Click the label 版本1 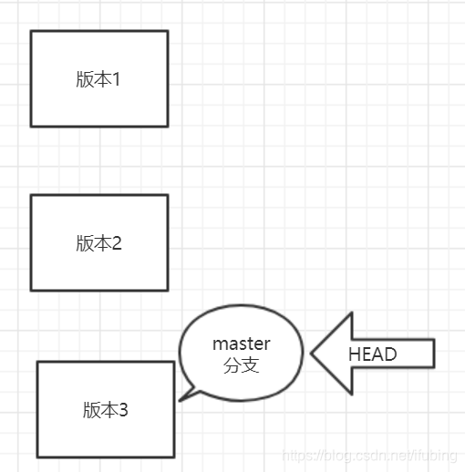(x=98, y=79)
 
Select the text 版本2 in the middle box (x=98, y=243)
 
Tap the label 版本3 (x=105, y=410)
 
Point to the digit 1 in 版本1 (x=117, y=79)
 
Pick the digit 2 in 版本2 (x=117, y=243)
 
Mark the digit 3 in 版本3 (x=123, y=410)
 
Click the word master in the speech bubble (x=242, y=344)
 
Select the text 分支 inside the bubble (x=241, y=365)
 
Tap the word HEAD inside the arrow (x=372, y=354)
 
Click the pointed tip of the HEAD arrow (x=313, y=354)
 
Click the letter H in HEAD (x=354, y=354)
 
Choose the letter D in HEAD (x=391, y=354)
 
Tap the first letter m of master (x=219, y=344)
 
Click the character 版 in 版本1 (x=85, y=79)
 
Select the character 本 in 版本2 (x=101, y=243)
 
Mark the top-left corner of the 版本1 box (x=31, y=32)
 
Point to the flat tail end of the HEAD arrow (x=434, y=354)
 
